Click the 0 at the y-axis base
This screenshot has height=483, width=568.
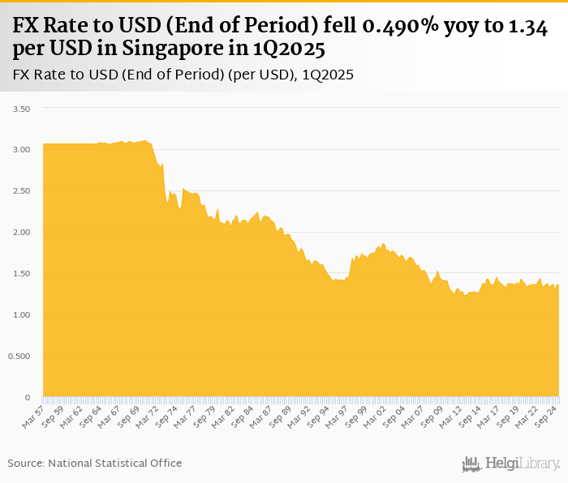[x=28, y=397]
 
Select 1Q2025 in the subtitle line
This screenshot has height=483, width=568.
[x=328, y=75]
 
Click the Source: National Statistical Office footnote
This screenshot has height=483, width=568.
[x=95, y=463]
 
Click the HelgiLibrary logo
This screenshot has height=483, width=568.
[x=511, y=464]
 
